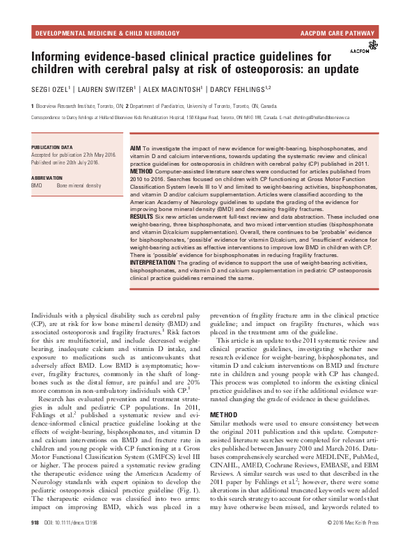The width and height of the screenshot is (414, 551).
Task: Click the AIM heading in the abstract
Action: pyautogui.click(x=136, y=148)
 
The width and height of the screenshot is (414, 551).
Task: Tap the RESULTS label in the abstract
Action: pyautogui.click(x=143, y=217)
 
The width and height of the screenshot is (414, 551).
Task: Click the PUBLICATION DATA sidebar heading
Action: pyautogui.click(x=52, y=148)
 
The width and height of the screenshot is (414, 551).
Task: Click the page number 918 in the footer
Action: pyautogui.click(x=35, y=541)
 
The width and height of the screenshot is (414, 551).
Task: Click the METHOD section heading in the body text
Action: pyautogui.click(x=225, y=395)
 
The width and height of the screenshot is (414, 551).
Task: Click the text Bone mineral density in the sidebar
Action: pyautogui.click(x=79, y=186)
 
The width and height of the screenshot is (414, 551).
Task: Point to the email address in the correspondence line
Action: pyautogui.click(x=319, y=118)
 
